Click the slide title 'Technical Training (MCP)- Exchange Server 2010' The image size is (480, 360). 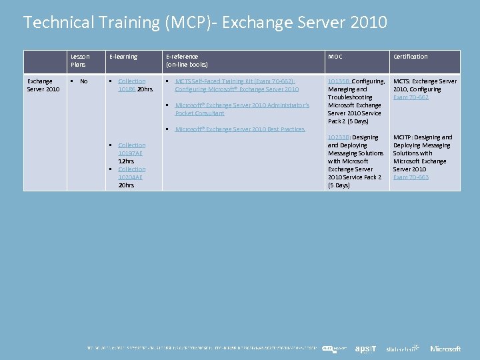205,23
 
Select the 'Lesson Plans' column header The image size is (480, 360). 80,61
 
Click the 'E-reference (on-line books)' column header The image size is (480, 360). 187,61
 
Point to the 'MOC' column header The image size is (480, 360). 335,57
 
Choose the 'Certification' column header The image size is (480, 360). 410,57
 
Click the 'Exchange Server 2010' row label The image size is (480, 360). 43,85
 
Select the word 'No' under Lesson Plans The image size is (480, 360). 83,81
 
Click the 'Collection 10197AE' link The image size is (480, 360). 131,149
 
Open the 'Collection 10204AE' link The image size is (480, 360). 131,173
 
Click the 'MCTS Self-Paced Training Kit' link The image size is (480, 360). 237,85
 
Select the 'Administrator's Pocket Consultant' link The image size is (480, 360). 242,109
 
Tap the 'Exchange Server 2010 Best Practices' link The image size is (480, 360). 239,129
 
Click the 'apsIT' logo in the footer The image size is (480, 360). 365,349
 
